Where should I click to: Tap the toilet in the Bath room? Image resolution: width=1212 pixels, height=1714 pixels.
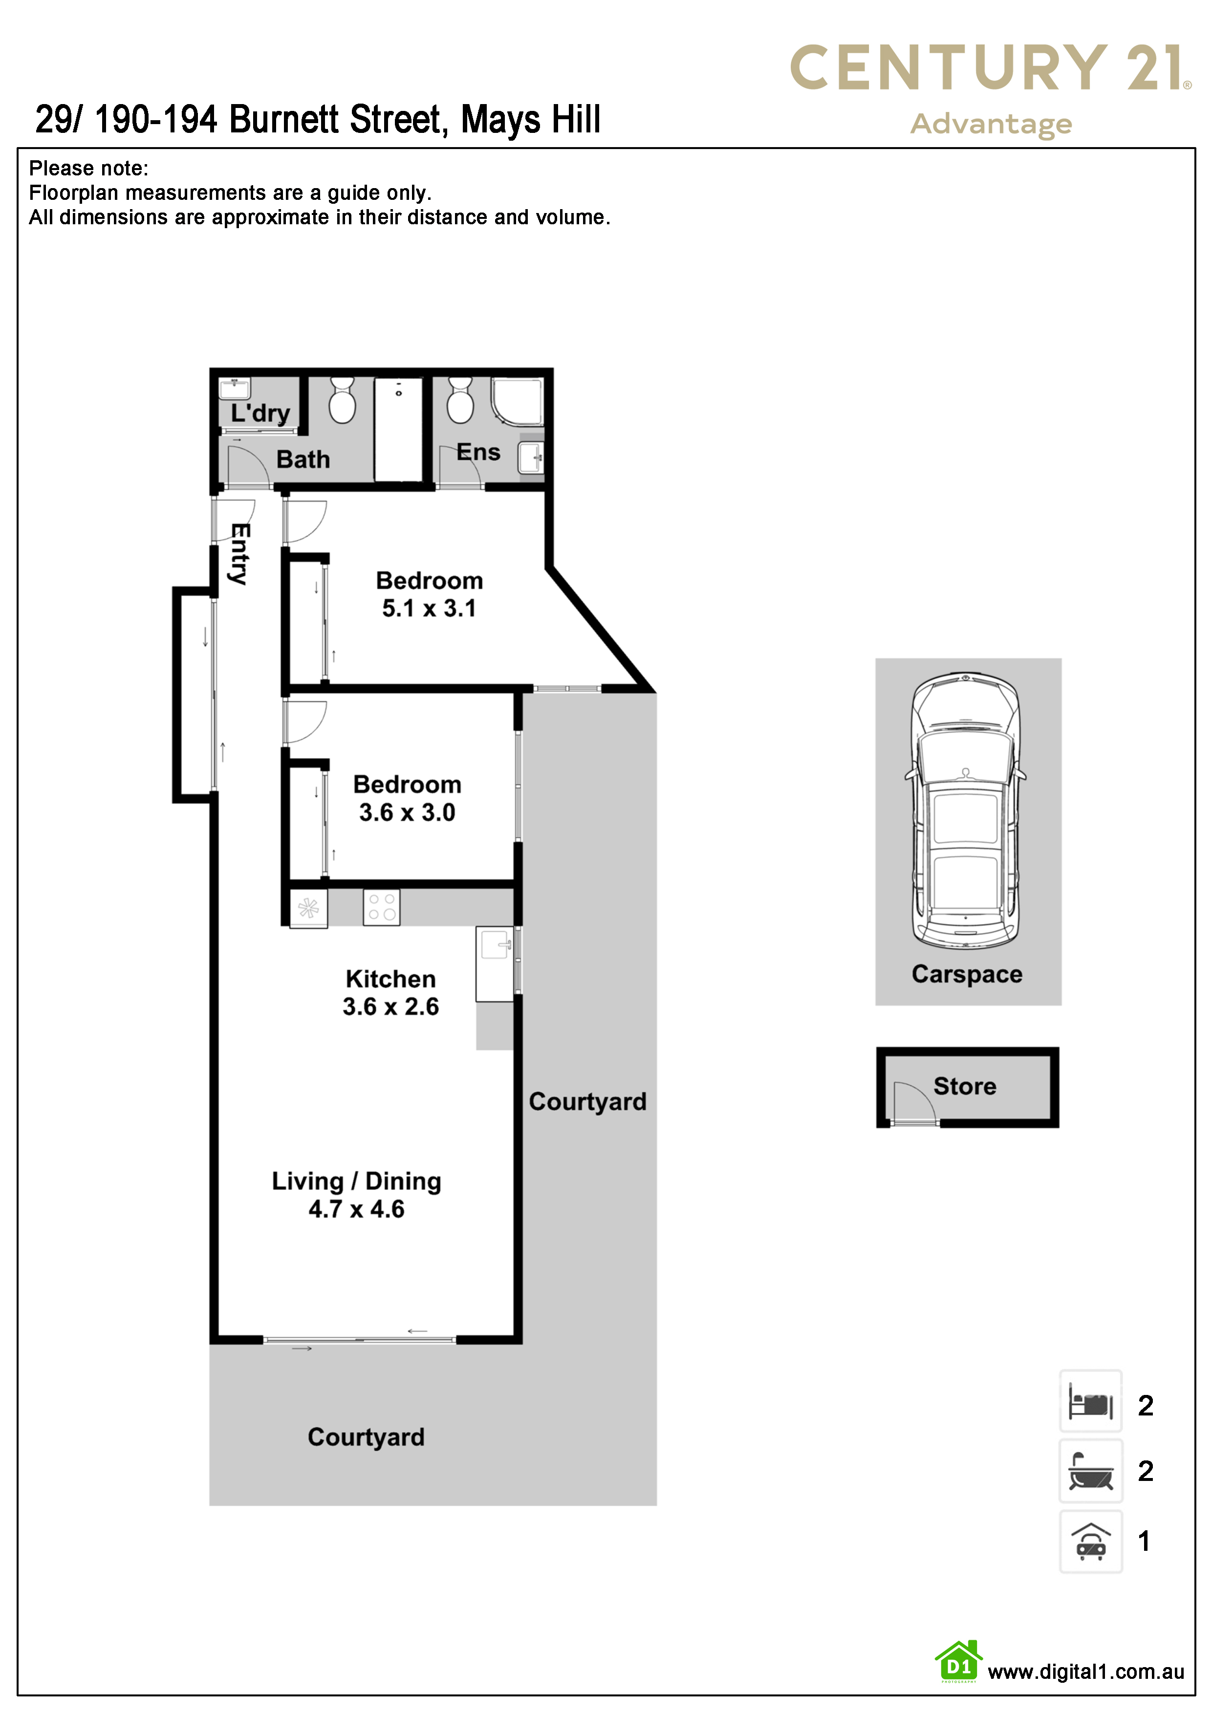pyautogui.click(x=342, y=400)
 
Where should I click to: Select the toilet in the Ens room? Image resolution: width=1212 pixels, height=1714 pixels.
pyautogui.click(x=459, y=400)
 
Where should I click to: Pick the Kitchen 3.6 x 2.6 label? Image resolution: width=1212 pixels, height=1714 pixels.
pyautogui.click(x=390, y=992)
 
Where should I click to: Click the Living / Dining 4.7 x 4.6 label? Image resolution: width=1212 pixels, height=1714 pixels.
pyautogui.click(x=356, y=1195)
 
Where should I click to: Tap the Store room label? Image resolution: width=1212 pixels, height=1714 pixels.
pyautogui.click(x=965, y=1086)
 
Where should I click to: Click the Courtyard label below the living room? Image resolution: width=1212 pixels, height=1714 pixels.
pyautogui.click(x=366, y=1437)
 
